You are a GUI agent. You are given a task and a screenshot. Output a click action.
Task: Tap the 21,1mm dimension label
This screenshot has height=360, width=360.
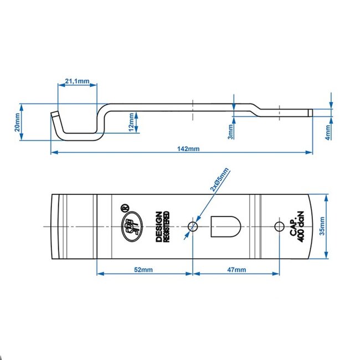(77, 81)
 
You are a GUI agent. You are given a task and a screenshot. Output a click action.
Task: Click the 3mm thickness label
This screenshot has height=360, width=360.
(230, 131)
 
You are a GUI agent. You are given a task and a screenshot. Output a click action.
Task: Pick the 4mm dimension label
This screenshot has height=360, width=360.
(327, 131)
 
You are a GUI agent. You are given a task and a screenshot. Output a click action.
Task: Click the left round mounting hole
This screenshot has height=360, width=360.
(193, 226)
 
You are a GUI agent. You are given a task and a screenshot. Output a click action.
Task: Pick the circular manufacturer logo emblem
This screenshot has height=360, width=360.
(131, 226)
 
